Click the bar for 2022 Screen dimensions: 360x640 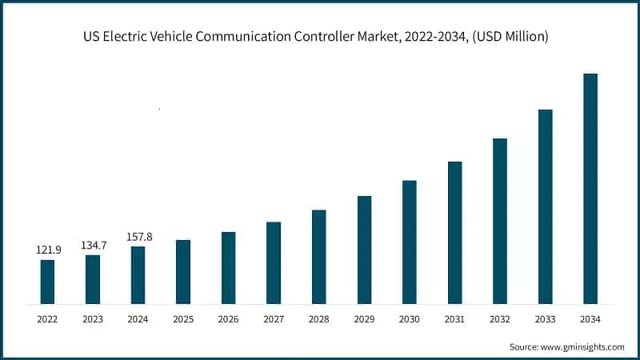point(47,282)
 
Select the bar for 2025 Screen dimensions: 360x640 point(183,272)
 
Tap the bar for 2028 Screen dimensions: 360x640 point(318,257)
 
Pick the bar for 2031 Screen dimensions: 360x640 point(454,233)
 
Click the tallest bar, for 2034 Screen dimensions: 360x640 point(590,189)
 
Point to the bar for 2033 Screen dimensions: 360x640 point(545,206)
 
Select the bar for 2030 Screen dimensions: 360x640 point(409,242)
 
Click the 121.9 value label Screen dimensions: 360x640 point(47,250)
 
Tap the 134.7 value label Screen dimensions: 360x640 point(93,245)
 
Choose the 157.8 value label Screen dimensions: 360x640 point(138,237)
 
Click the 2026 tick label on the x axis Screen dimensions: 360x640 point(228,319)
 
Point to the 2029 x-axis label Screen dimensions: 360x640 point(364,319)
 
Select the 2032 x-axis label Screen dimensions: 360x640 point(500,319)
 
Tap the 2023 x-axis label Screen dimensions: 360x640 point(93,319)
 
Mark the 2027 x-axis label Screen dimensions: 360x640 point(274,319)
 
